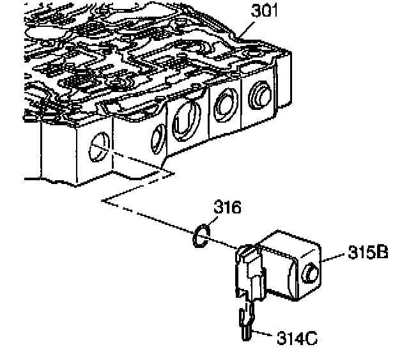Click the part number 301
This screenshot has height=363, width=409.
point(264,12)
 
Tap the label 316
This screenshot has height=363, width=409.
point(228,207)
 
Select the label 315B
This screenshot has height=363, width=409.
point(368,252)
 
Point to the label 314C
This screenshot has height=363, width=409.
point(297,338)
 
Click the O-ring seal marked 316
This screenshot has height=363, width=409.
point(194,236)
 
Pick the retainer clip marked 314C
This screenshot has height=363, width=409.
point(246,321)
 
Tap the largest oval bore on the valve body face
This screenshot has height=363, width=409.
point(186,121)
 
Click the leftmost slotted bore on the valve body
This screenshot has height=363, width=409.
point(99,147)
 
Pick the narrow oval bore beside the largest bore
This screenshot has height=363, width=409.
point(158,139)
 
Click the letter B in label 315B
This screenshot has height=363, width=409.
point(382,252)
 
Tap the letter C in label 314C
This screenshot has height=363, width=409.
point(311,338)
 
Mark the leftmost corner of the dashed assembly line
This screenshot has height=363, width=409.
point(102,200)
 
